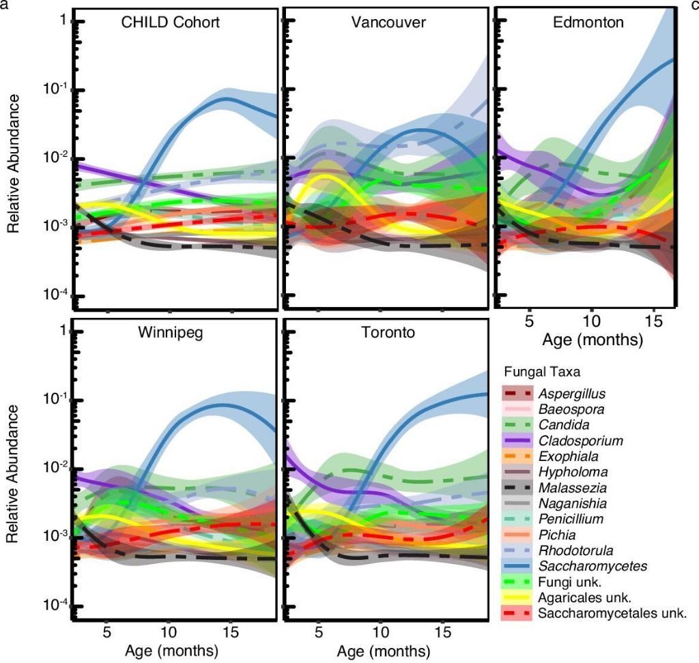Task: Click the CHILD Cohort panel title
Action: tap(170, 23)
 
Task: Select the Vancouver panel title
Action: tap(388, 23)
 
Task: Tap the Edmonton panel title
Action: tap(588, 23)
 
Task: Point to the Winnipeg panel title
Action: tap(170, 332)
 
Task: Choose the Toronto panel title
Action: tap(388, 332)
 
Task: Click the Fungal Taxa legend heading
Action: tap(542, 372)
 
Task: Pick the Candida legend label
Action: tap(564, 425)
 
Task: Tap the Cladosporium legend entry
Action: tap(580, 441)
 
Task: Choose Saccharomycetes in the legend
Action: tap(593, 566)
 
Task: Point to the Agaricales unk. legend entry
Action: tap(584, 598)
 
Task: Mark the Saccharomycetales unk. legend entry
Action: tap(612, 613)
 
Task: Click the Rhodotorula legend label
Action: tap(575, 550)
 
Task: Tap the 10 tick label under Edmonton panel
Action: tap(591, 321)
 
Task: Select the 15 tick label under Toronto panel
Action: tap(442, 632)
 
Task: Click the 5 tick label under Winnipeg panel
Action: tap(106, 632)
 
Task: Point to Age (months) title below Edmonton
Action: tap(593, 340)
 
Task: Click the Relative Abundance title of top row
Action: tap(14, 164)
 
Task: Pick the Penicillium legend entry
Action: tap(571, 519)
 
